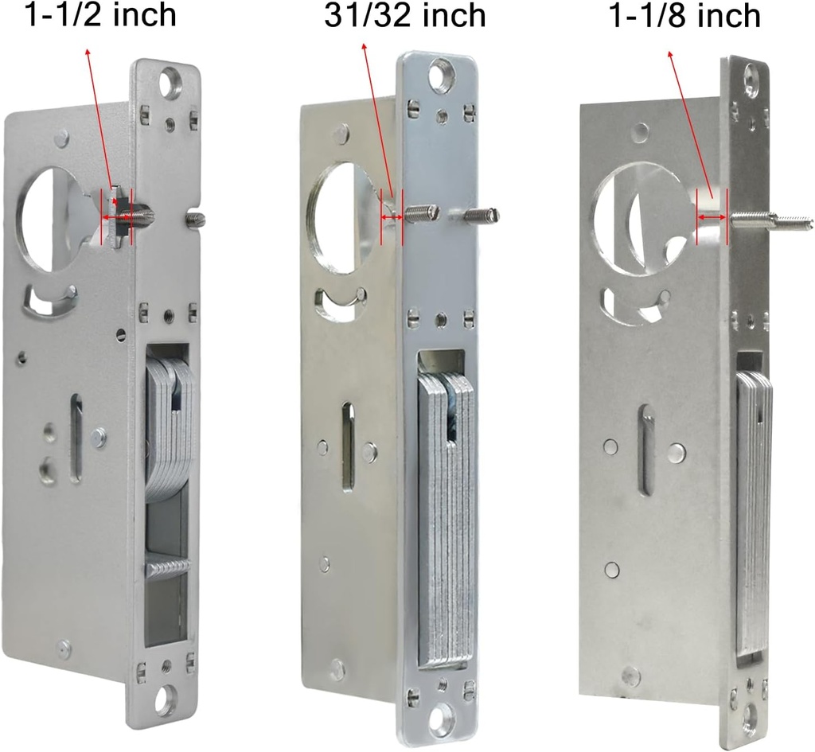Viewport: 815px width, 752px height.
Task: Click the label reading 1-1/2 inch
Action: tap(101, 15)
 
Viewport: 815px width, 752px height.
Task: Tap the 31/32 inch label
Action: tap(404, 15)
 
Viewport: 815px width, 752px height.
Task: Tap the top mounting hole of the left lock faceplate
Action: tap(171, 82)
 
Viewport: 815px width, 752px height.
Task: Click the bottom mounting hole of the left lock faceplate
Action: tap(166, 699)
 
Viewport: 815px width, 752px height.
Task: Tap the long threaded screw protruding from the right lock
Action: tap(770, 220)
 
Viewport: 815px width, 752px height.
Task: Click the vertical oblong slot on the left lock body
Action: tap(76, 438)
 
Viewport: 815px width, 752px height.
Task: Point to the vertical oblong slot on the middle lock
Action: tap(349, 446)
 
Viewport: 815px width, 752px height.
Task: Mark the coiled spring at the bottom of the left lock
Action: tap(169, 567)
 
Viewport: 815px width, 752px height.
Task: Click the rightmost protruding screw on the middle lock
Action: tap(480, 215)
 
